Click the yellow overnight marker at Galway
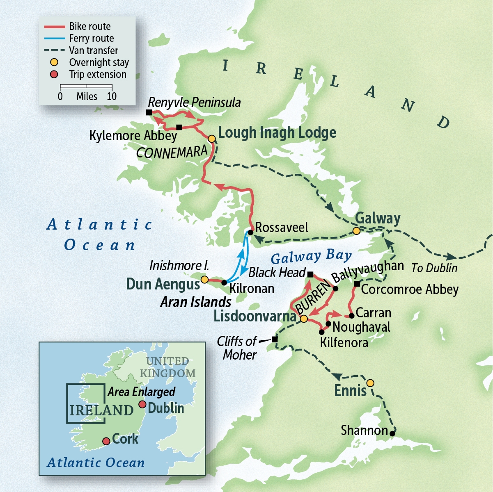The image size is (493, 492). [357, 231]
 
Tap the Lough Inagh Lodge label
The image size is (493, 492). [277, 133]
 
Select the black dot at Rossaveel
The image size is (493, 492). [250, 232]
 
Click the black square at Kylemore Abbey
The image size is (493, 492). [179, 127]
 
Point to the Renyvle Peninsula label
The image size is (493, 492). [194, 102]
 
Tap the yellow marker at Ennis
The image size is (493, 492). [370, 383]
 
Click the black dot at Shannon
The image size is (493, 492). [392, 433]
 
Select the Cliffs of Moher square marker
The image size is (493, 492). [275, 339]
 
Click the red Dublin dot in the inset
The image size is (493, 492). [142, 404]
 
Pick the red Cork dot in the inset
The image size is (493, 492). [106, 441]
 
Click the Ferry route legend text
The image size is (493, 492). [92, 39]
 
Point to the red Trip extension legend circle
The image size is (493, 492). [54, 75]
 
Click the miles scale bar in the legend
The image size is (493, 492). [86, 87]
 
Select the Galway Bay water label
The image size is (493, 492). [311, 257]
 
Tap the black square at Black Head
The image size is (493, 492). [310, 274]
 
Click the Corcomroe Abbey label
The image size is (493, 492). [409, 289]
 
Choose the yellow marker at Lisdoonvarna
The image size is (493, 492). [303, 319]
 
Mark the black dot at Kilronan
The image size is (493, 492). [224, 282]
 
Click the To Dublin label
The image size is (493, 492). [434, 268]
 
